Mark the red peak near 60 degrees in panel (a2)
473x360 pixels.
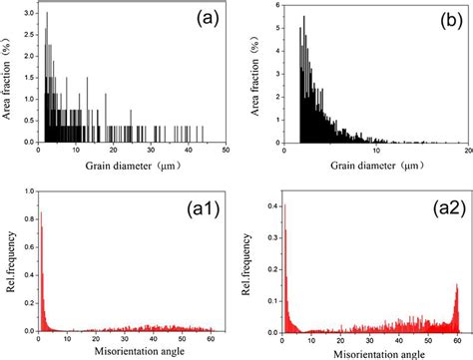click(x=457, y=289)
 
